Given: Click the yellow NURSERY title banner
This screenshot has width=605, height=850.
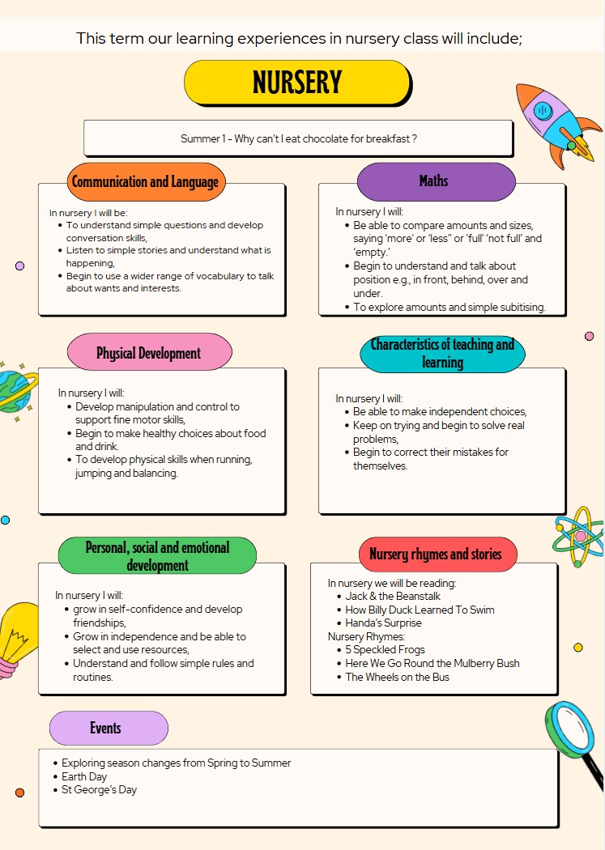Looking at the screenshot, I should [297, 82].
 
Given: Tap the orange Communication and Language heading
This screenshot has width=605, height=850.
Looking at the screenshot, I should [145, 181].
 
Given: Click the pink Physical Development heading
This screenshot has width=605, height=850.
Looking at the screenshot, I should [148, 353].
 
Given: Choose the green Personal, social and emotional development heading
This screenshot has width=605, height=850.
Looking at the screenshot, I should [157, 555].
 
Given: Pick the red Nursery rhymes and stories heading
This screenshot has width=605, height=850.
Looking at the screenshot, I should [437, 555].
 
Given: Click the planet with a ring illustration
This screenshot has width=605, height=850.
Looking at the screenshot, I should [15, 390].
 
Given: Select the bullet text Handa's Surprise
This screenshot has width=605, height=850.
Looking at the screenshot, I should [383, 623].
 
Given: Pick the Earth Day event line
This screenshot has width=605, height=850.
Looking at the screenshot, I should [84, 776].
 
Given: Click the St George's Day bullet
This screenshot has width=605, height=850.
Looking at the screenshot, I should [99, 789].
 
